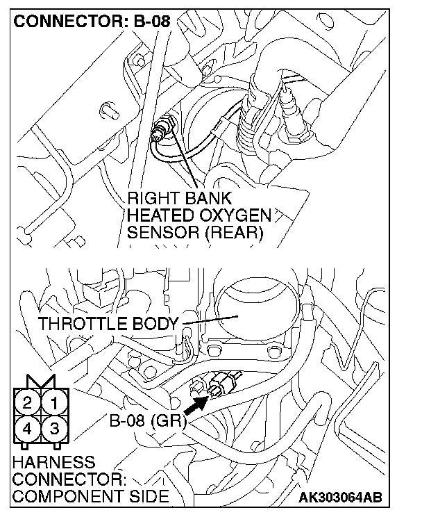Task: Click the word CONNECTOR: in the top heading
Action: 68,21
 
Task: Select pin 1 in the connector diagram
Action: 58,401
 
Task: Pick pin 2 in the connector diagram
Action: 28,401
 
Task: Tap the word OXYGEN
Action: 235,216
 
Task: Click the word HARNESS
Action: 53,463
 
